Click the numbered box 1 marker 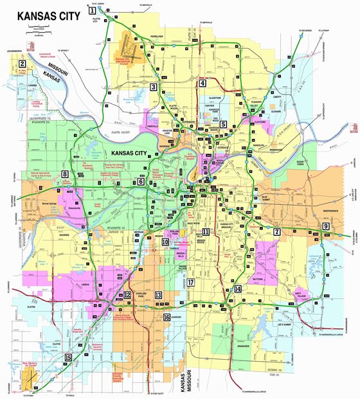tap(93, 11)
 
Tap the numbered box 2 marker tap(22, 63)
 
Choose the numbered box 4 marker tap(202, 83)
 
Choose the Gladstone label tap(214, 98)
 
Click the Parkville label tap(152, 126)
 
